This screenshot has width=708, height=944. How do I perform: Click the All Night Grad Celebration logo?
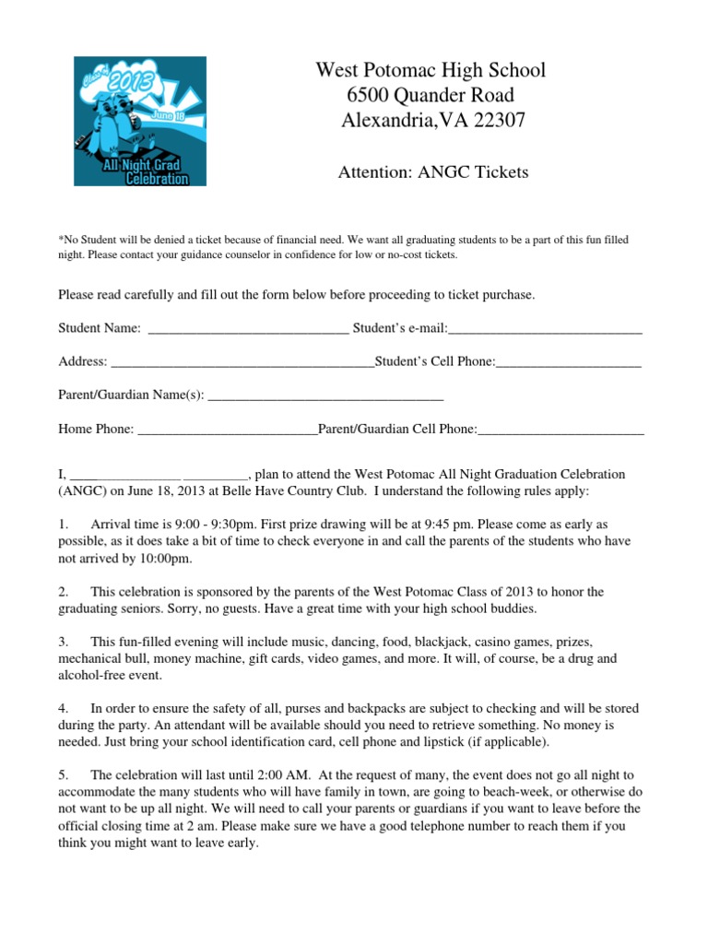(140, 122)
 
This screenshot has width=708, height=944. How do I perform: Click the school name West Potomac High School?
(431, 70)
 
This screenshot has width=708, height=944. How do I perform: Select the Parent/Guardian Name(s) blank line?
(326, 397)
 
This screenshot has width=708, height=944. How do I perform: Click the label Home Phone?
(96, 430)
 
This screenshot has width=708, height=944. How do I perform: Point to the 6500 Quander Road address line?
(431, 95)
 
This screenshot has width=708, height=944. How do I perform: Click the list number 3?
(64, 641)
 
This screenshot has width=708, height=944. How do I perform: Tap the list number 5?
(64, 775)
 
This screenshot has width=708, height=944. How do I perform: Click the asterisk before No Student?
(61, 241)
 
